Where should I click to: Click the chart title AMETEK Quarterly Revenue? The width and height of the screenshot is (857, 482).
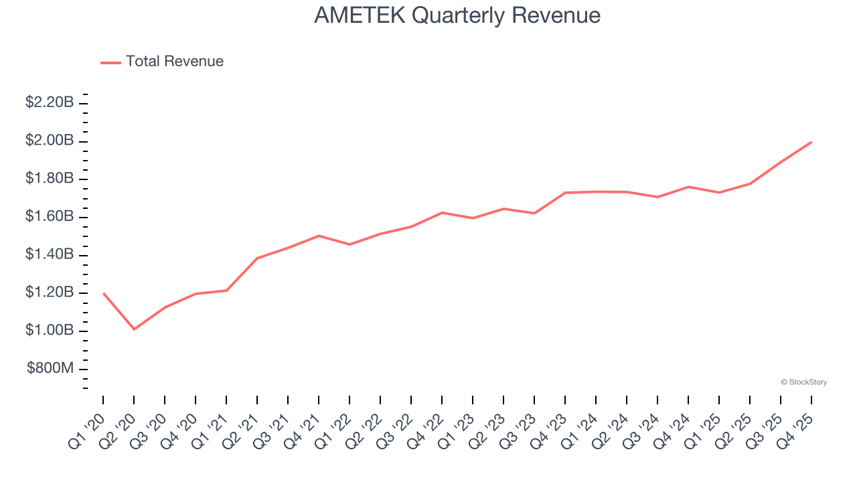pos(457,15)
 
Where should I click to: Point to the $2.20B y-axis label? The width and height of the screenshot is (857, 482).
pos(50,102)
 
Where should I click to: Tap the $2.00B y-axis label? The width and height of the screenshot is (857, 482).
pos(50,141)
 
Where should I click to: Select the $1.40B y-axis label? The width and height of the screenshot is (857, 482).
pos(50,254)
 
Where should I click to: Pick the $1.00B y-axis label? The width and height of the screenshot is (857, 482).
pos(50,331)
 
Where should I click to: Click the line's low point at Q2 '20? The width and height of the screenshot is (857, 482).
pos(134,329)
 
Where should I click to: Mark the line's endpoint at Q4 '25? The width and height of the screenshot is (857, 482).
pos(811,142)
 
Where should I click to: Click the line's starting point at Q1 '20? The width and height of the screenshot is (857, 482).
pos(103,293)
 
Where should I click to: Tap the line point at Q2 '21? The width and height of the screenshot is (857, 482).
pos(257,258)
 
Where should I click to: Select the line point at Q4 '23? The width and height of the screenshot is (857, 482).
pos(565,193)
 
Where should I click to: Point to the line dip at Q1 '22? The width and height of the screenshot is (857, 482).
pos(349,244)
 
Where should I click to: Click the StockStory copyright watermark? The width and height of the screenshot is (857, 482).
pos(804,382)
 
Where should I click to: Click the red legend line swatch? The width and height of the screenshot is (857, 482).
pos(110,62)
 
